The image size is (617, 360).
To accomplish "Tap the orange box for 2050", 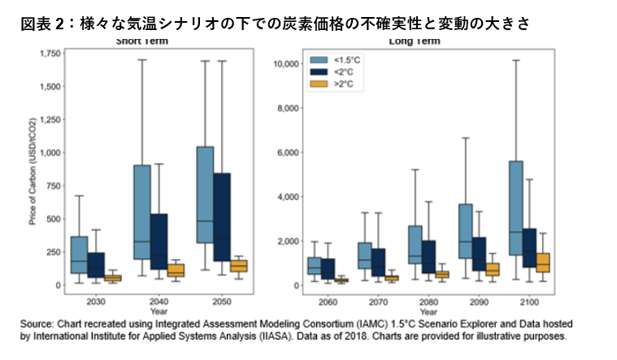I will (x=238, y=265).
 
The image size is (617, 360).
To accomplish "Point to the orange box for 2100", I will (x=543, y=262).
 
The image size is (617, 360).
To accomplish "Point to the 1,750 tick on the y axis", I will (x=50, y=54).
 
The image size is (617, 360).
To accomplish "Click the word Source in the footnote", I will (x=37, y=323).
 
